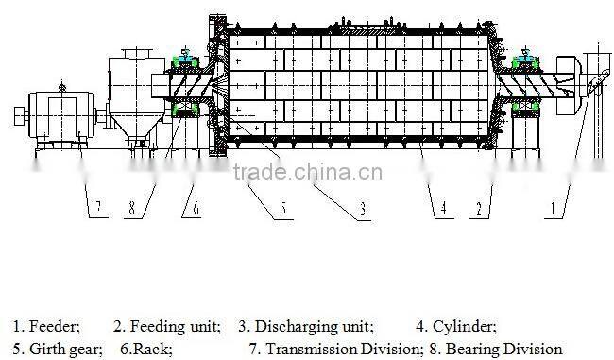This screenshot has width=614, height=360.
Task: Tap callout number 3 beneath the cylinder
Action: (363, 210)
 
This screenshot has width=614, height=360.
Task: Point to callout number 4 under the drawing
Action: (440, 206)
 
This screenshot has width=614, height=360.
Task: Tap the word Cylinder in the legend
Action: (465, 327)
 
